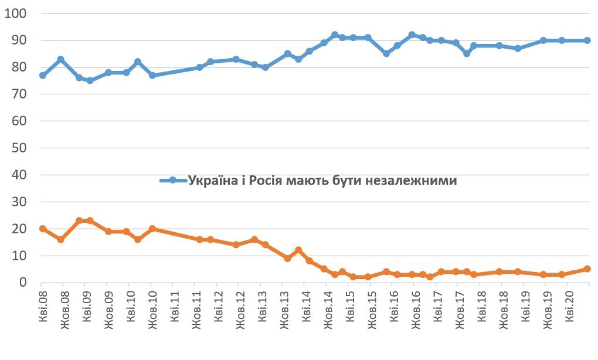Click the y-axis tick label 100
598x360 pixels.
coord(16,13)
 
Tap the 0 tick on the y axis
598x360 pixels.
coord(23,282)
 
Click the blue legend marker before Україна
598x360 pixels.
coord(173,180)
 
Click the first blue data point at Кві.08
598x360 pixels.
coord(42,76)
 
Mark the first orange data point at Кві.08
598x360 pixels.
coord(42,229)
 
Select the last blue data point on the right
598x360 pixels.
coord(587,40)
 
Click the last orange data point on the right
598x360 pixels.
coord(587,269)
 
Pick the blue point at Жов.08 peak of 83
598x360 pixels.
coord(60,59)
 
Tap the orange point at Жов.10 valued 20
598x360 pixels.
coord(152,229)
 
